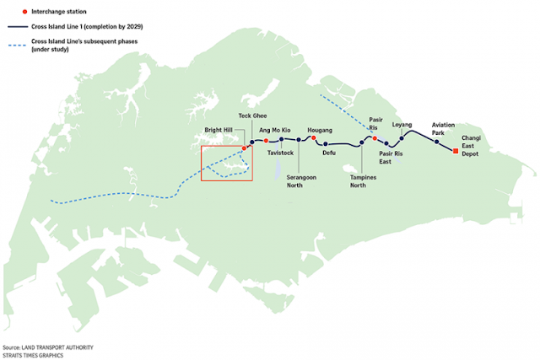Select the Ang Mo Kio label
(x=275, y=130)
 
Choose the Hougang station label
(x=321, y=130)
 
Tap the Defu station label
(x=329, y=153)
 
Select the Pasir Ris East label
(x=391, y=159)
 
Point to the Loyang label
(x=402, y=124)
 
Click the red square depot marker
(x=456, y=151)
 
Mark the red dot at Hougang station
(x=314, y=139)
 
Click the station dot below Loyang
(x=402, y=137)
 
